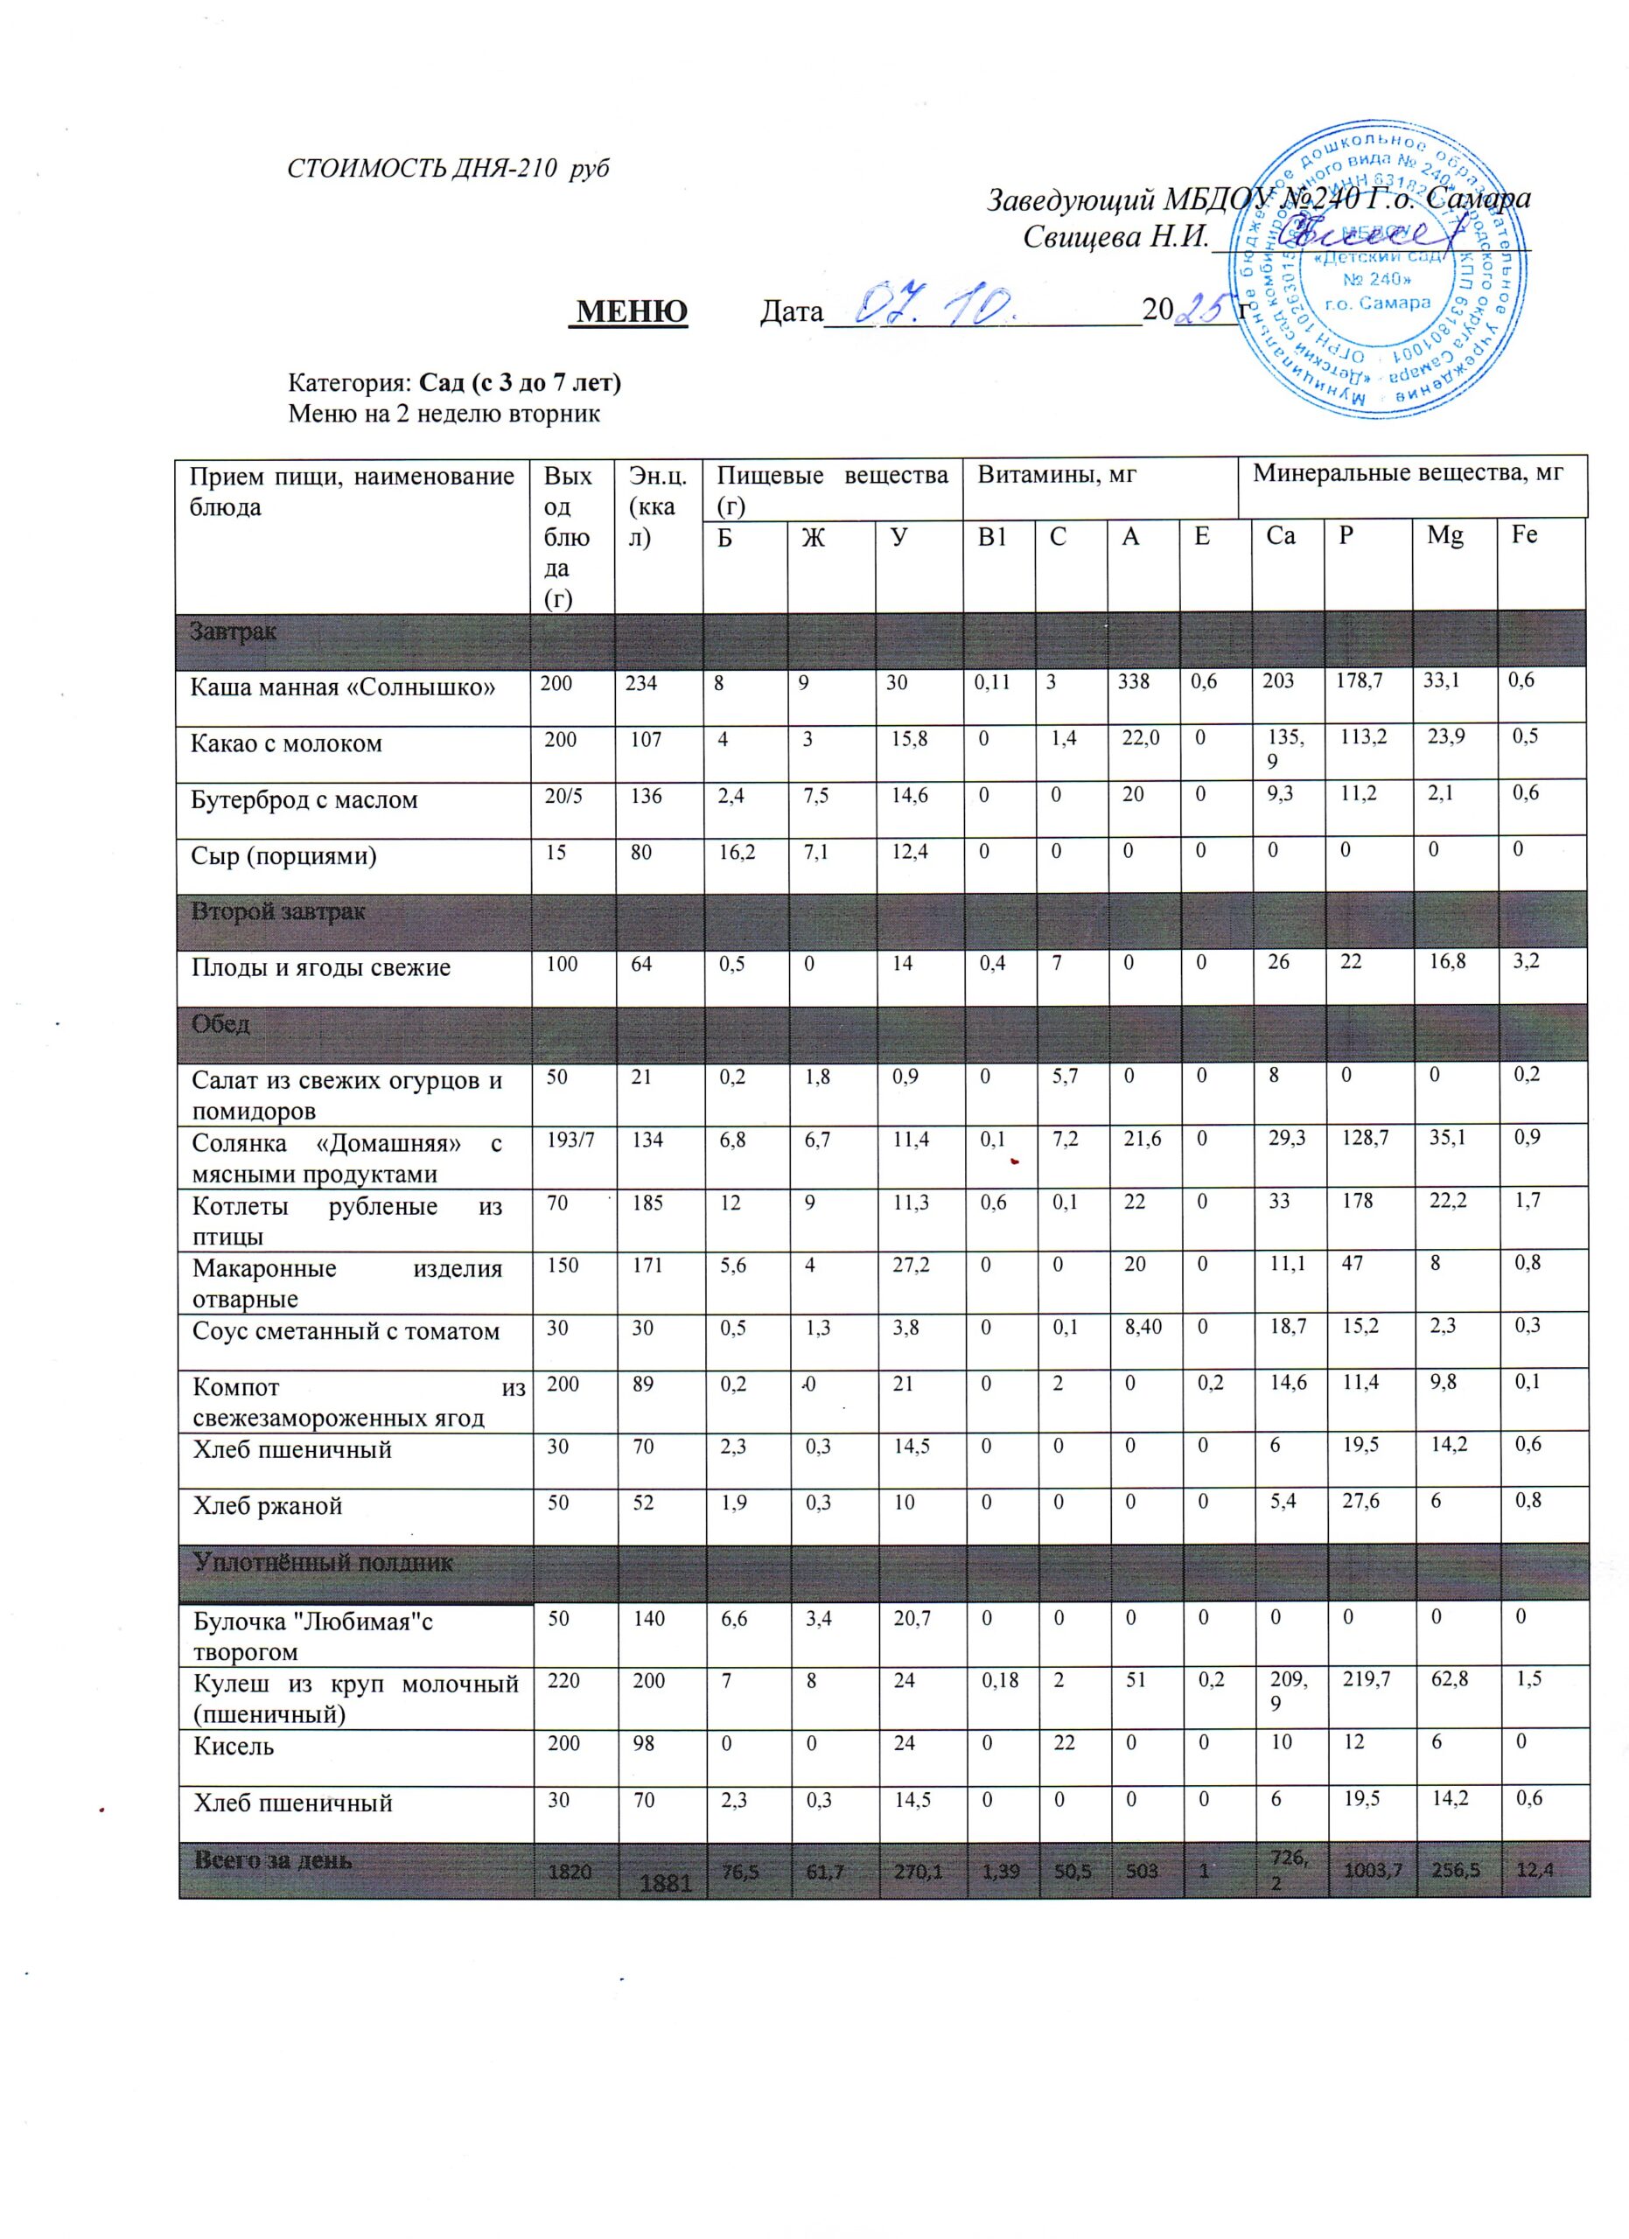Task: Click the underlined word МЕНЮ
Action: [x=632, y=311]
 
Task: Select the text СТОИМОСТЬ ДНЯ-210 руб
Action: [x=447, y=168]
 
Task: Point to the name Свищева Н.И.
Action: [x=1115, y=237]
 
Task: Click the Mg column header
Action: [x=1444, y=536]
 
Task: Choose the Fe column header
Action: [x=1524, y=536]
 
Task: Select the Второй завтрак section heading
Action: [x=278, y=911]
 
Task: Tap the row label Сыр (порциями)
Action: [x=283, y=854]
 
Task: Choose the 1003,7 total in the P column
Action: [x=1367, y=1870]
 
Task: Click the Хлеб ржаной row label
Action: [x=268, y=1505]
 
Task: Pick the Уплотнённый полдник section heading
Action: [x=323, y=1562]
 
